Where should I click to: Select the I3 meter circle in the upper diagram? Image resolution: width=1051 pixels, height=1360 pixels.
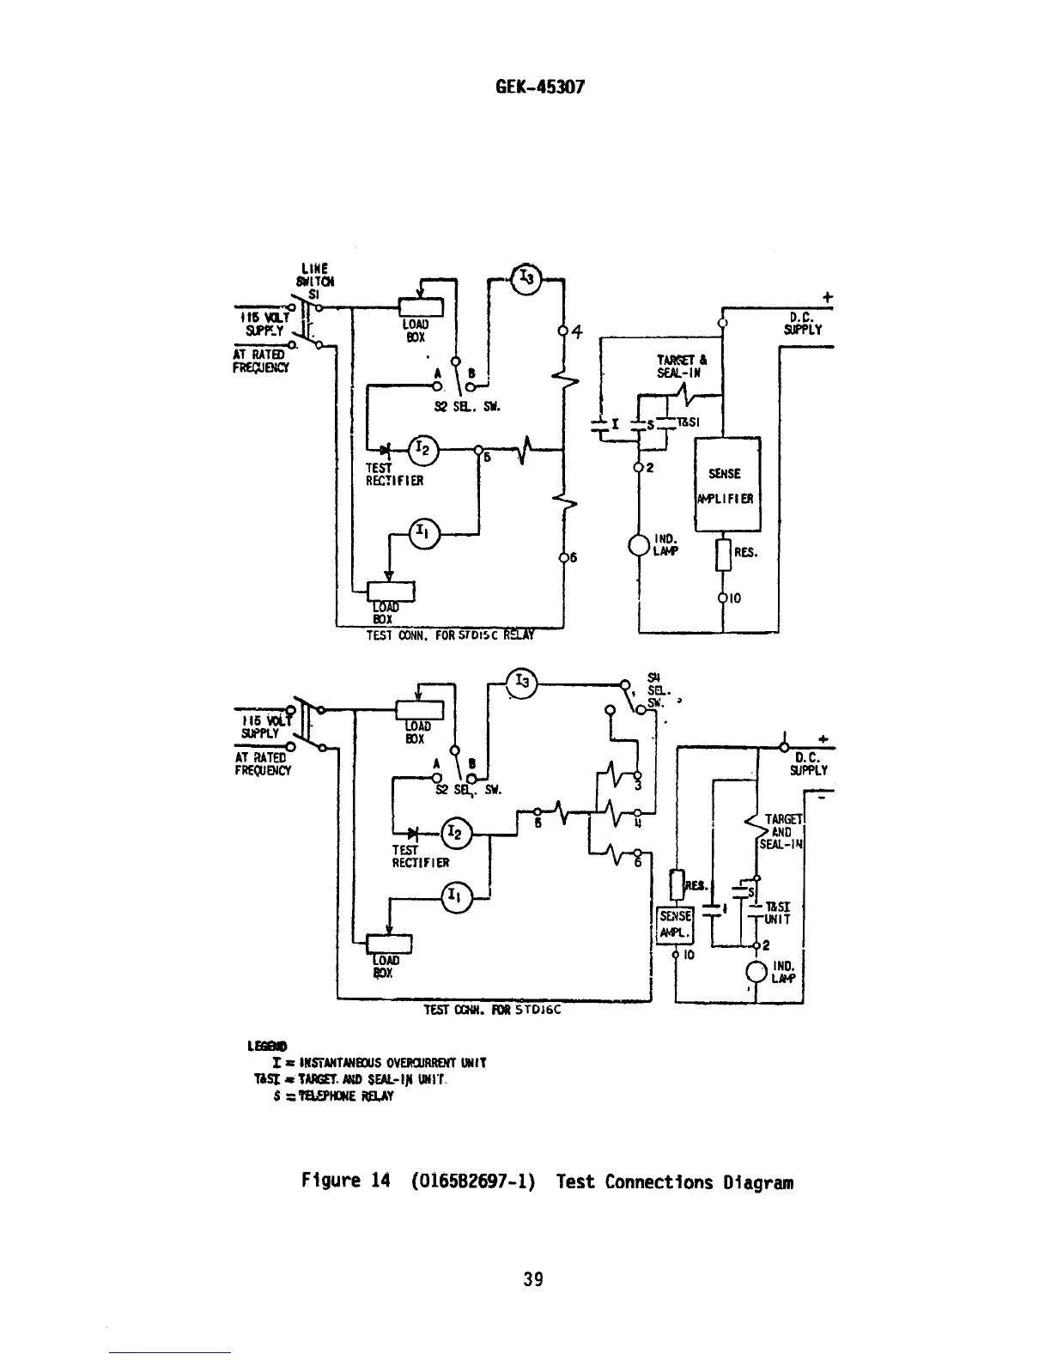point(525,277)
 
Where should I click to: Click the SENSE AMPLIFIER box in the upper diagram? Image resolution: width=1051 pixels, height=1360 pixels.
point(726,486)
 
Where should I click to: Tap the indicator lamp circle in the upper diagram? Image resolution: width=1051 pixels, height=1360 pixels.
point(640,546)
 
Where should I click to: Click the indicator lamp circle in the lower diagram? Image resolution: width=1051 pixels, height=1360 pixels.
point(756,972)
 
